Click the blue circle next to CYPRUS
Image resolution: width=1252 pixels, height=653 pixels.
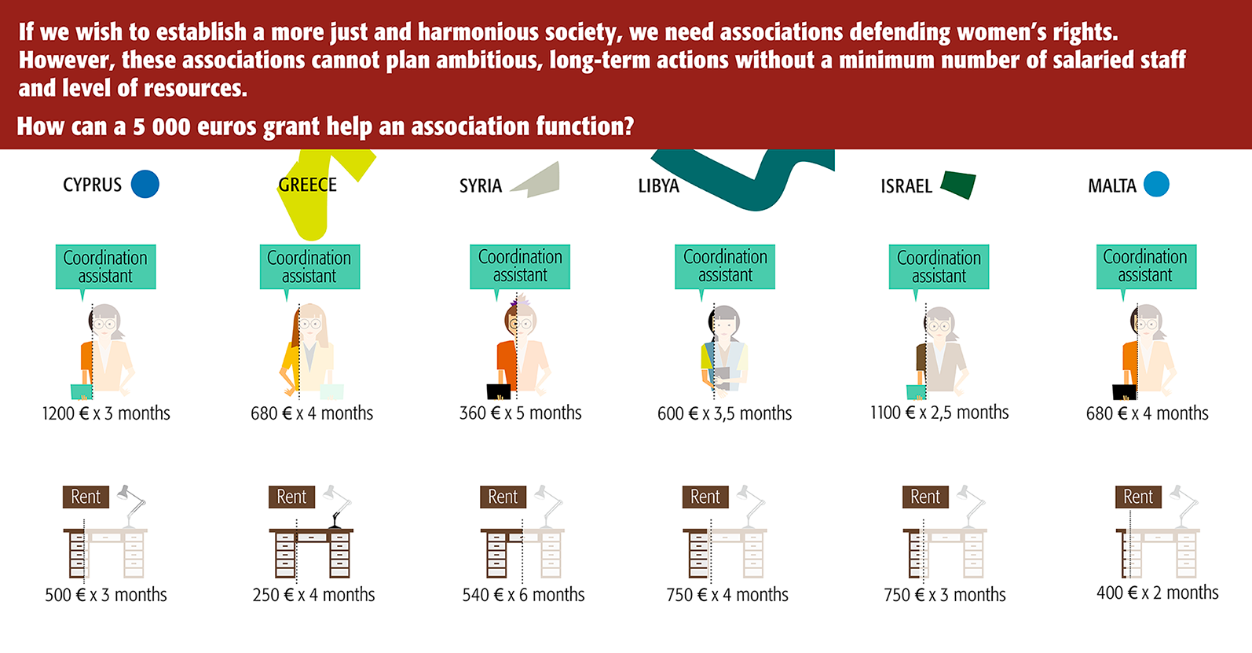(x=145, y=184)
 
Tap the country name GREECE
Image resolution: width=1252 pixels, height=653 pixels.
(x=307, y=185)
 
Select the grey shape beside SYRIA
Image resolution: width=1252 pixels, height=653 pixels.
(x=536, y=180)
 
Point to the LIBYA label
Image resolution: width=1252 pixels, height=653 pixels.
(x=658, y=185)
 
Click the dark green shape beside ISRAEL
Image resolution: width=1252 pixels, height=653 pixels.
(x=958, y=185)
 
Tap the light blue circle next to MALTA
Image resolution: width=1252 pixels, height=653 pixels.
(x=1156, y=184)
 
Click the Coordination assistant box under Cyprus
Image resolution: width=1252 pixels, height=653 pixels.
(x=105, y=266)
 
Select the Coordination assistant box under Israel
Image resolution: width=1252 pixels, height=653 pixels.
(x=939, y=266)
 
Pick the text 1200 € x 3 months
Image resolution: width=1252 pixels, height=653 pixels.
(x=106, y=413)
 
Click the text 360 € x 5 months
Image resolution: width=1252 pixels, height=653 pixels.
(x=521, y=413)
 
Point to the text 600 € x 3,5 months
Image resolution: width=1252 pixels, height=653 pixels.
(x=724, y=413)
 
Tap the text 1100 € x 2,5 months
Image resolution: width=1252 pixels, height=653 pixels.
(x=939, y=413)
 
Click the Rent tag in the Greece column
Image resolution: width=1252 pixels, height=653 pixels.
(x=291, y=497)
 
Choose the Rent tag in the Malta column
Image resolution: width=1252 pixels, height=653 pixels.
(x=1138, y=497)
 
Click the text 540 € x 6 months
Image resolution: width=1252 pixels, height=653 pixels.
(x=523, y=594)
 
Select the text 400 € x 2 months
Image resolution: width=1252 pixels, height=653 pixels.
(x=1158, y=592)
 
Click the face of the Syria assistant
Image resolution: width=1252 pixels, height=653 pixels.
(x=520, y=323)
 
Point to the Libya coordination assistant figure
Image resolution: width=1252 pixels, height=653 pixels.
(x=724, y=350)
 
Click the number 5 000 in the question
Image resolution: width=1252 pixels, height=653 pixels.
(x=162, y=127)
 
